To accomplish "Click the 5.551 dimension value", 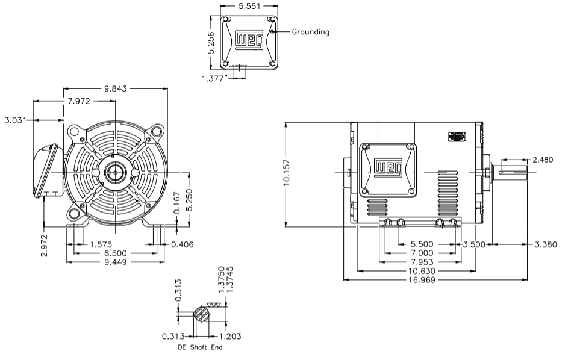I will (x=250, y=7).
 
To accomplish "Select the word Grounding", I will (x=311, y=32).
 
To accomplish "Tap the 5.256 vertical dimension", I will (x=211, y=42).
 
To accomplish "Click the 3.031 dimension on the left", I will (x=15, y=120).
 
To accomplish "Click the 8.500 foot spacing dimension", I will (x=115, y=253).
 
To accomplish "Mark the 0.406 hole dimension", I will (x=182, y=244).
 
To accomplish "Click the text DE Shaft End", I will (x=199, y=347).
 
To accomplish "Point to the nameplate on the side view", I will (x=458, y=137).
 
